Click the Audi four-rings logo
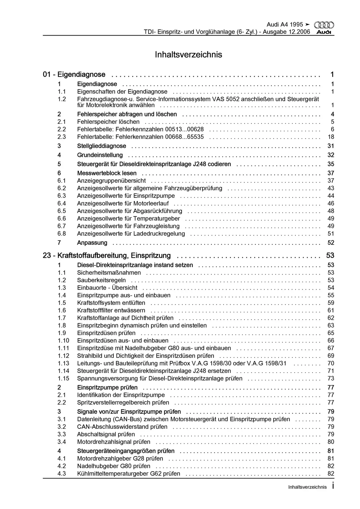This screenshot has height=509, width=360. (324, 25)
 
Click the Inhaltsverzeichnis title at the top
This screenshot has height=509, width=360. (188, 55)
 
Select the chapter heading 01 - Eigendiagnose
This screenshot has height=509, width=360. (74, 74)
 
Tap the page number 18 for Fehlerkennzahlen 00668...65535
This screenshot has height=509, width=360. (331, 137)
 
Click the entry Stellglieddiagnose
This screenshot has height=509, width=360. (102, 146)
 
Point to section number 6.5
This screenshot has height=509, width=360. (62, 211)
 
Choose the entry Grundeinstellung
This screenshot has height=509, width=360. (100, 155)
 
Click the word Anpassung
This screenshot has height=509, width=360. (92, 243)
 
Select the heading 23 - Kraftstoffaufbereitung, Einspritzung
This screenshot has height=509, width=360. (107, 255)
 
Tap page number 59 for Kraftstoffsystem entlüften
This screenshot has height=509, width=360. (331, 303)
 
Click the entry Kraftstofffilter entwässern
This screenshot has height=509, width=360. (111, 310)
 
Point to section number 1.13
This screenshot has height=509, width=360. (63, 363)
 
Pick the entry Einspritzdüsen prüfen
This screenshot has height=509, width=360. (106, 333)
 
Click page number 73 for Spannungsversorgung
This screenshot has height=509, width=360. (331, 378)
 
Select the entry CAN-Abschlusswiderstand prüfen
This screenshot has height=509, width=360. (122, 427)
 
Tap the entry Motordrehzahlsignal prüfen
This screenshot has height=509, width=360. (114, 442)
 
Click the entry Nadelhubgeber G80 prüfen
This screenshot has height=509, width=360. (114, 466)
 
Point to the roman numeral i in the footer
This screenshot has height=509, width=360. (333, 486)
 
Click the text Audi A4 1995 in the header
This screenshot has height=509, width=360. (284, 24)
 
